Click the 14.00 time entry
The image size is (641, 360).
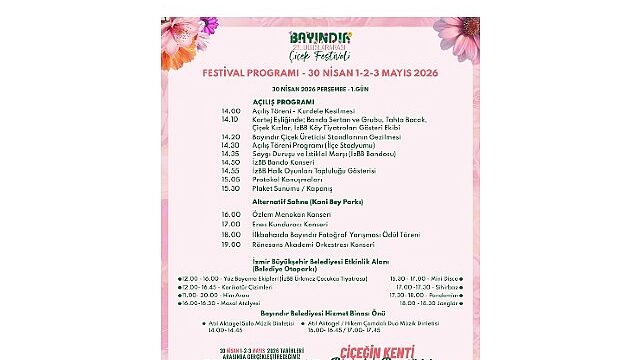231,111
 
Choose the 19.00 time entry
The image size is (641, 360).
231,244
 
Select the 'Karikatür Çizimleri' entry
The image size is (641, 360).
241,286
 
